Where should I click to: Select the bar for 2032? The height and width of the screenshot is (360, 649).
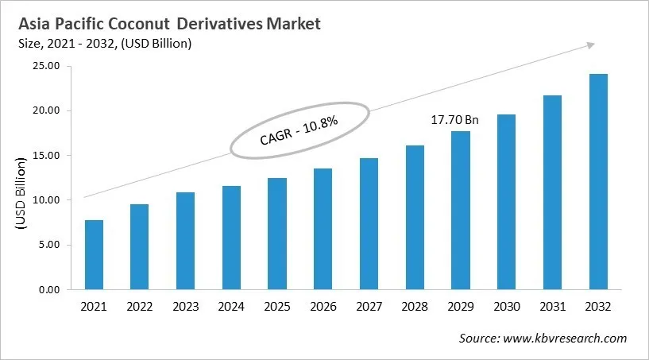click(597, 182)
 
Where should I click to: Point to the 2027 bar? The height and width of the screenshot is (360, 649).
click(369, 223)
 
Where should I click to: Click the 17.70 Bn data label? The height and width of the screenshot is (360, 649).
click(454, 120)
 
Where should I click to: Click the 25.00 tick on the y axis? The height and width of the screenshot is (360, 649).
click(46, 66)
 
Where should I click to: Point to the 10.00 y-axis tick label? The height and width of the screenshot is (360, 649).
click(46, 200)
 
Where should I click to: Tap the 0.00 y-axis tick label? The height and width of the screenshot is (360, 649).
click(49, 290)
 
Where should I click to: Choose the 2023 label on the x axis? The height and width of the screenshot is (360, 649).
click(185, 305)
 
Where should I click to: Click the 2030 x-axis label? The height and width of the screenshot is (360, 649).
click(506, 305)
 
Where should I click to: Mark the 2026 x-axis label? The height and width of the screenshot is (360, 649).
click(323, 305)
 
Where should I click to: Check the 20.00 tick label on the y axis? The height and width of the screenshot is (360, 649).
click(46, 110)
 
